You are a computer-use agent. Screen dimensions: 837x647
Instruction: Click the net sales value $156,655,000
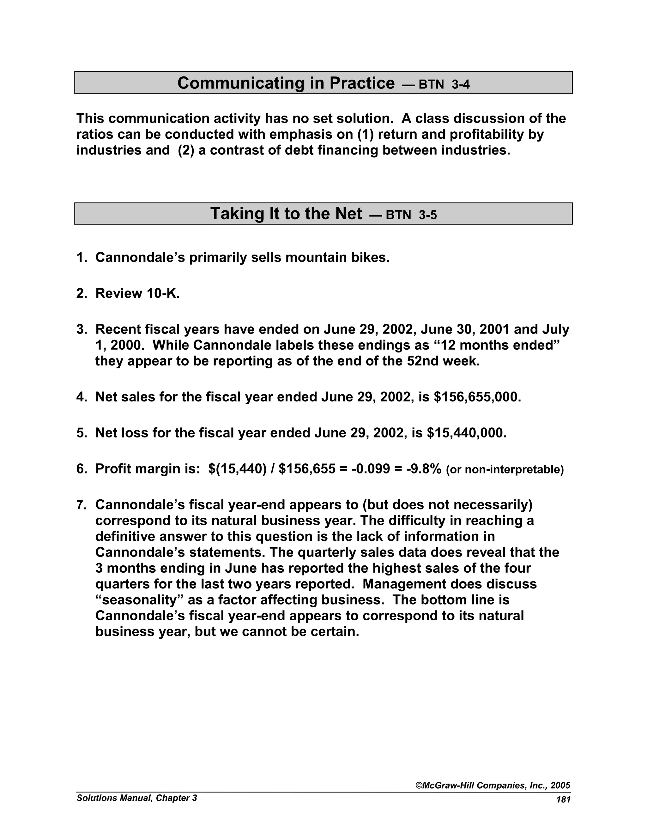click(x=477, y=397)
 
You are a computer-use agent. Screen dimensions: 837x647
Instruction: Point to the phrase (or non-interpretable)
click(x=505, y=469)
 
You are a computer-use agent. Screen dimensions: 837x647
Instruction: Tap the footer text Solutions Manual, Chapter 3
click(x=137, y=798)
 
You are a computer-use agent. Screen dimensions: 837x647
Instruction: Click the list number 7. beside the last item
click(x=82, y=505)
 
